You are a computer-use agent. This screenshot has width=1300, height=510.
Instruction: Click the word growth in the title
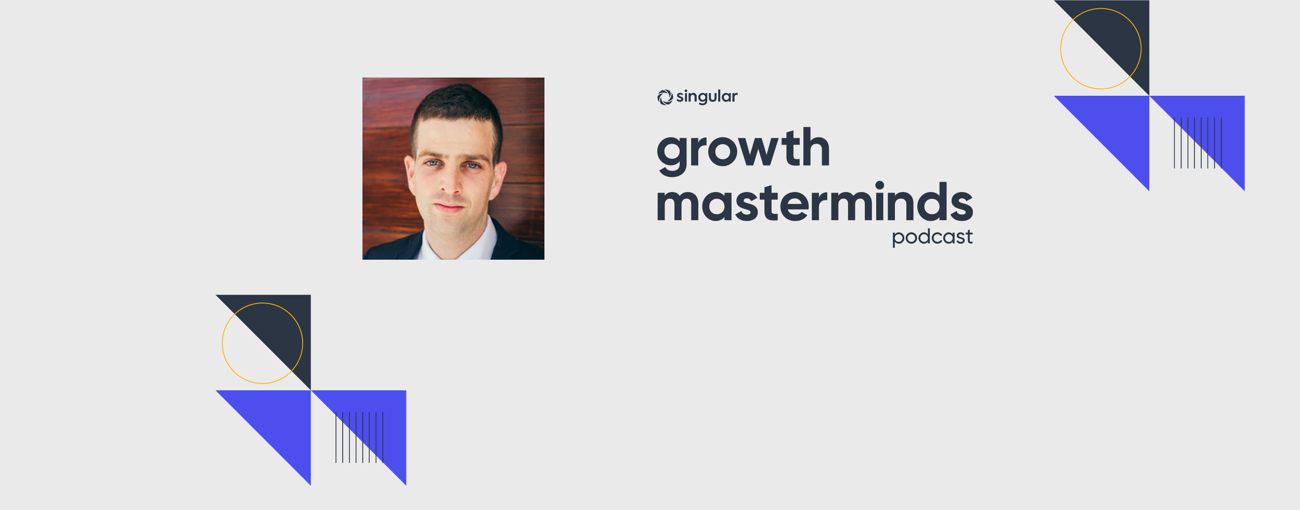(x=743, y=151)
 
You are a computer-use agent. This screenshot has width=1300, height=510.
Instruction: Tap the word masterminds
(x=815, y=201)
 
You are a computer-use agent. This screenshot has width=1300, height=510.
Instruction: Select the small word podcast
(x=932, y=237)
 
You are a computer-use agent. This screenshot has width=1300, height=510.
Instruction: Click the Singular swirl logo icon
(x=665, y=97)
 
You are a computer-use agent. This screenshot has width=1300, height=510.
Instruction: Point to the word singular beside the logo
(x=707, y=97)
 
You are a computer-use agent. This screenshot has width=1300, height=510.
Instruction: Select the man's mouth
(x=449, y=207)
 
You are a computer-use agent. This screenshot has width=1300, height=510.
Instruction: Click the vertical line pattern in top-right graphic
(x=1198, y=143)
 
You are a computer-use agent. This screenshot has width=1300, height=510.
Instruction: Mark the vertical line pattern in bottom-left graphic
(x=359, y=438)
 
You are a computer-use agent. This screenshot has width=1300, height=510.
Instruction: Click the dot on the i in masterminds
(x=880, y=185)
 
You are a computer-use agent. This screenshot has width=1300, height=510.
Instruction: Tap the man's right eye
(x=432, y=163)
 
